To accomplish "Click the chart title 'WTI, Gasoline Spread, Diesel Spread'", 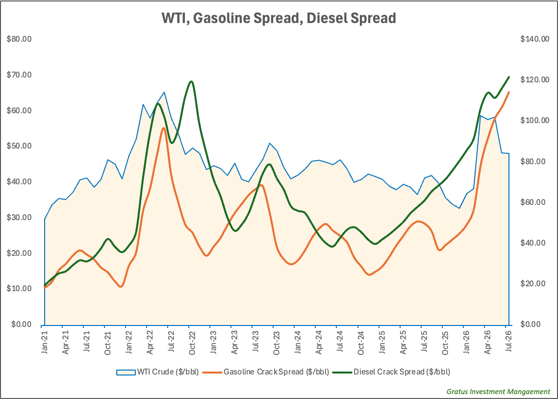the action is click(279, 18).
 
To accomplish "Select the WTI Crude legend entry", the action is click(157, 372).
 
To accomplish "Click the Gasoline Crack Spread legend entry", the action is click(265, 372).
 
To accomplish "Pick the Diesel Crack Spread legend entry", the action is click(391, 372).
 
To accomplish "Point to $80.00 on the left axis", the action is click(19, 39).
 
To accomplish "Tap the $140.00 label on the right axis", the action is click(535, 39).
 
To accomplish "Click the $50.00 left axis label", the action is click(19, 146).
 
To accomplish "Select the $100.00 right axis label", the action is click(535, 120).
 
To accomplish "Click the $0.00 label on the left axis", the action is click(22, 324).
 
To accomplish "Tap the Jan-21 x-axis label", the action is click(45, 342).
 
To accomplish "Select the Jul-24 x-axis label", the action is click(340, 341).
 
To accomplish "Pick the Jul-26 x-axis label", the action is click(509, 341).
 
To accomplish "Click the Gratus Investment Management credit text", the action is click(498, 392).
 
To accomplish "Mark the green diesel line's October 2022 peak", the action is click(191, 81).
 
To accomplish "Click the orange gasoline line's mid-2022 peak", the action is click(163, 127).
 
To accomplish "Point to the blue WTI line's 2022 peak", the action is click(164, 92).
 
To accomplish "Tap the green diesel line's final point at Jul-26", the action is click(509, 77).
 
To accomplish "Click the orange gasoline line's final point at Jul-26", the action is click(509, 92).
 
